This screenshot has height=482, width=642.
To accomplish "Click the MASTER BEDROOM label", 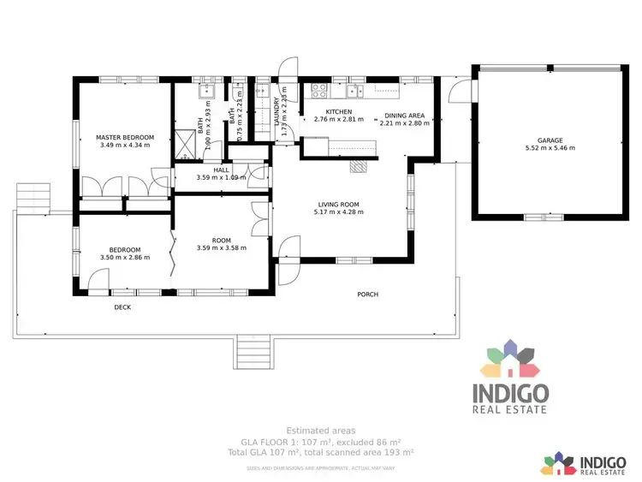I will (x=125, y=138).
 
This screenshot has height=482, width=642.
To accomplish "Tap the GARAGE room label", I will (x=550, y=140).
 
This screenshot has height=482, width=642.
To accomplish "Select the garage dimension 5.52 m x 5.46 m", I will (x=550, y=148).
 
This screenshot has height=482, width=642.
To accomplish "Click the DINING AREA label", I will (x=404, y=115).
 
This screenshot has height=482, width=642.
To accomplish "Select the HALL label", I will (x=221, y=170).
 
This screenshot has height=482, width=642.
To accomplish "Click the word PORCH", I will (x=367, y=295).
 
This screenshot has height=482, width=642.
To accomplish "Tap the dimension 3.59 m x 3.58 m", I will (x=221, y=247).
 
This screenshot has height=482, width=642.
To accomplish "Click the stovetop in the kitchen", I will (x=320, y=87).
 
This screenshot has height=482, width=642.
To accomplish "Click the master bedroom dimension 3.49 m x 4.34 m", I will (x=125, y=146).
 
